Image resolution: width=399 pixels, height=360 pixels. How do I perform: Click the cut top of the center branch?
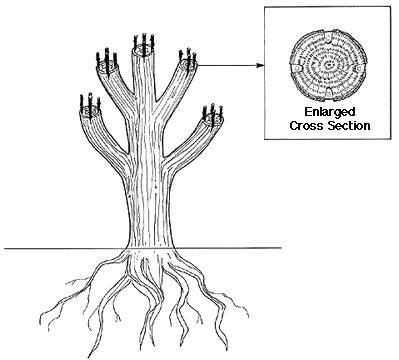click(x=143, y=49)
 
